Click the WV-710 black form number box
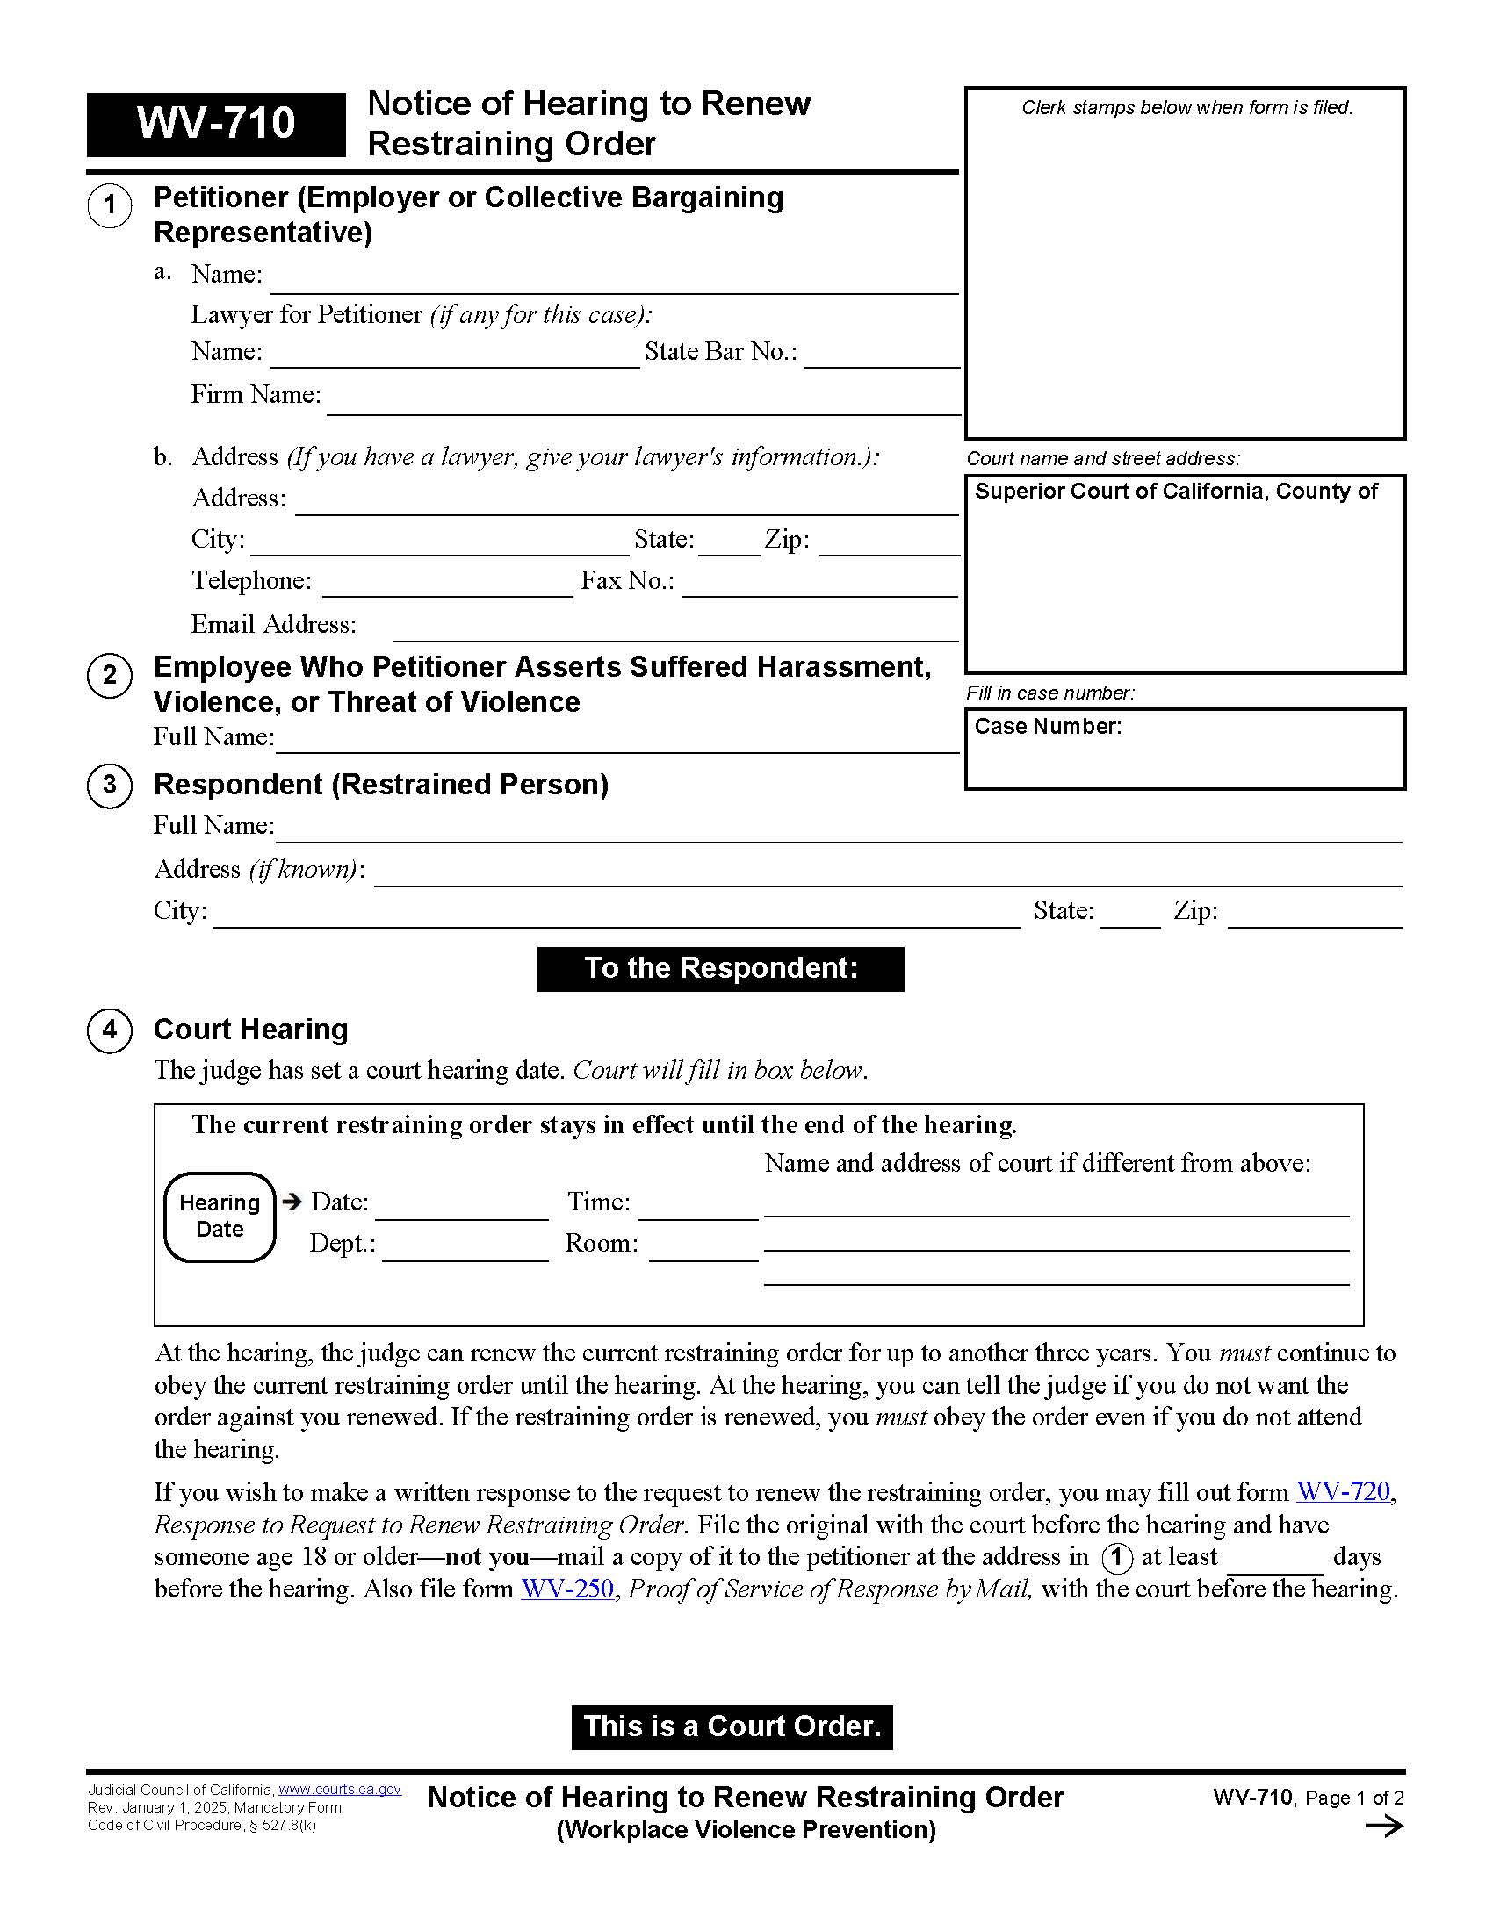(x=216, y=124)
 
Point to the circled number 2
(x=110, y=676)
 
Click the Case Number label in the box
(x=1047, y=727)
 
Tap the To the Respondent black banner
(x=720, y=968)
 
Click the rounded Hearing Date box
(x=220, y=1217)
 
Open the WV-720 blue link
(x=1343, y=1492)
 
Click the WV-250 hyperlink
(x=567, y=1589)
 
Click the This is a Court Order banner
(x=732, y=1726)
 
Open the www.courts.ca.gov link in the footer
(x=340, y=1790)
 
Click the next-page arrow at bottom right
(x=1383, y=1827)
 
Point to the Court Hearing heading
(x=250, y=1030)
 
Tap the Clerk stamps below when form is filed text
(x=1186, y=108)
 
